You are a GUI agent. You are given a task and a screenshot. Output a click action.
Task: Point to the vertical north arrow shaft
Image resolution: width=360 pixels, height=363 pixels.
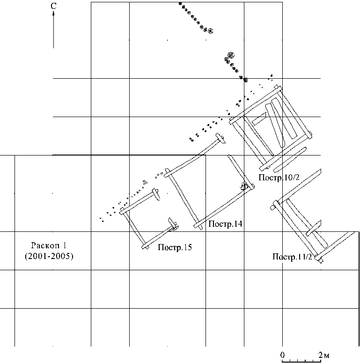53,30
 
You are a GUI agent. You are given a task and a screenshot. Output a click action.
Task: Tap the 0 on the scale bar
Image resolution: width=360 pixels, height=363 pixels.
282,354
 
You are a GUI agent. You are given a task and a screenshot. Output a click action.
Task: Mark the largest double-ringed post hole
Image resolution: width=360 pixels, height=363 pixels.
230,55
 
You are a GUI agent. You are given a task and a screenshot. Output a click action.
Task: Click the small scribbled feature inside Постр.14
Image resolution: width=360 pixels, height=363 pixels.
243,186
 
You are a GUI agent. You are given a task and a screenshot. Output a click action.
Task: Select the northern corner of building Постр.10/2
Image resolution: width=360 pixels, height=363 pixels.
278,88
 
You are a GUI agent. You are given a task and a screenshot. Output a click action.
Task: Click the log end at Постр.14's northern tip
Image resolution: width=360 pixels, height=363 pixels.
221,139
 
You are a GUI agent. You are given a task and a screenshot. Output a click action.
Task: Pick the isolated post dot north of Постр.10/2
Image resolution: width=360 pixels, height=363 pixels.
272,75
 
